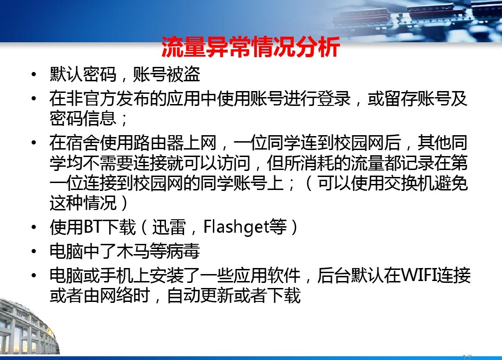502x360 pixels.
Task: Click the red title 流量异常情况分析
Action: pos(251,47)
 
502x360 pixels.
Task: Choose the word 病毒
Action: pos(183,251)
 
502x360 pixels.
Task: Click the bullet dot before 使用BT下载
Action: pos(34,227)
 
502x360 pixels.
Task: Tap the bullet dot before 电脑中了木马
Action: pos(34,251)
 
